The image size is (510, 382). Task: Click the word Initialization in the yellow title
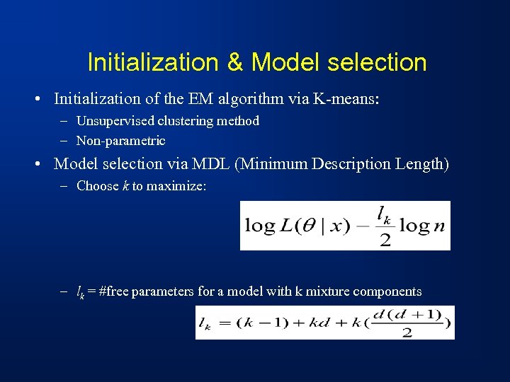153,63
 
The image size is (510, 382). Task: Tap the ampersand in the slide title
235,63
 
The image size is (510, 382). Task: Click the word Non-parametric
121,141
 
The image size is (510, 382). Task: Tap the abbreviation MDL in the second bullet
214,163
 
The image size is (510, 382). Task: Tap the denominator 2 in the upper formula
385,240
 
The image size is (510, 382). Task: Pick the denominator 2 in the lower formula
407,332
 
